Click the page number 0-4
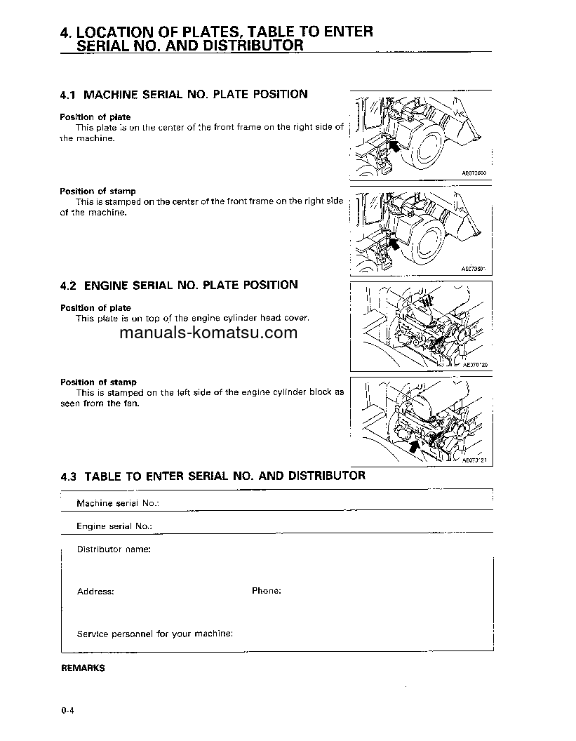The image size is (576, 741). tap(67, 711)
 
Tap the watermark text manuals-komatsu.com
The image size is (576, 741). tap(208, 333)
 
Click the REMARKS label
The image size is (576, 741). tap(82, 668)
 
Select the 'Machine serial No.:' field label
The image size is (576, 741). tap(117, 503)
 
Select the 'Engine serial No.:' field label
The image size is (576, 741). tap(114, 526)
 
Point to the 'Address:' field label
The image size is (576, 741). tap(95, 592)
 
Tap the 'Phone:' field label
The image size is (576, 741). tap(266, 591)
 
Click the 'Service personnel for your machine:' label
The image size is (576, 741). tap(154, 634)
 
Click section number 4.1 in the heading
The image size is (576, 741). tap(68, 94)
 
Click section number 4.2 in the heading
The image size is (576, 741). tap(68, 285)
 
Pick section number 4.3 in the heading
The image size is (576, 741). tap(68, 476)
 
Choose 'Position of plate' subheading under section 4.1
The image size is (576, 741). tap(95, 116)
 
